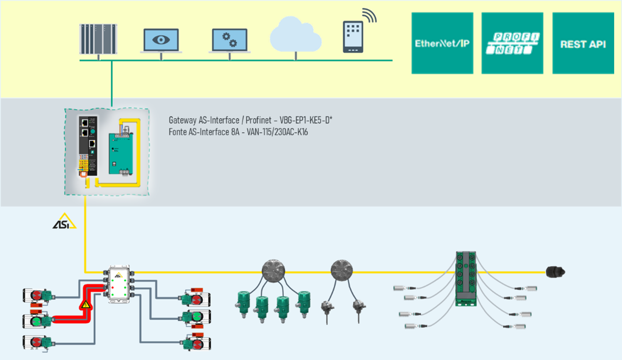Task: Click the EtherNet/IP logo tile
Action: click(442, 44)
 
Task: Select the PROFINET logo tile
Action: click(512, 44)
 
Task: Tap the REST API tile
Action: click(583, 44)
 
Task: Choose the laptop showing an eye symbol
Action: click(161, 40)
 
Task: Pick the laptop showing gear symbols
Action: click(229, 40)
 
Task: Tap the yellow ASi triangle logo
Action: click(64, 221)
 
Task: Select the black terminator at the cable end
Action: click(555, 272)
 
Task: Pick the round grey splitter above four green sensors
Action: click(272, 270)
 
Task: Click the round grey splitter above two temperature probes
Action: click(340, 270)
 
